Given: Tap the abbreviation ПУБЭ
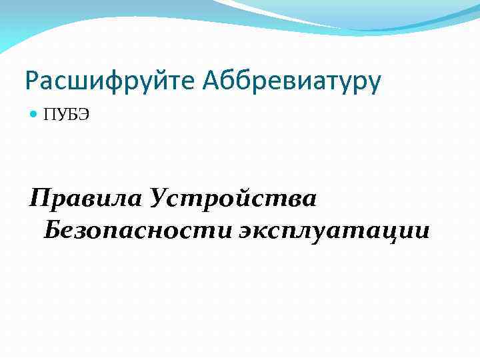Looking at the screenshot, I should (x=66, y=116).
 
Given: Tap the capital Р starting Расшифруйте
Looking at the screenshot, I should (x=31, y=81).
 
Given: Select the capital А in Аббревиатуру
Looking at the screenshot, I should (x=212, y=81).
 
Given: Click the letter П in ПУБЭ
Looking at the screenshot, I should (x=49, y=116).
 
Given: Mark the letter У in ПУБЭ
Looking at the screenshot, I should (x=61, y=116).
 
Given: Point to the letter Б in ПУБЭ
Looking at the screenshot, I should (x=71, y=116).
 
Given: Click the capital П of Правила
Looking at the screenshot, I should (x=41, y=197).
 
